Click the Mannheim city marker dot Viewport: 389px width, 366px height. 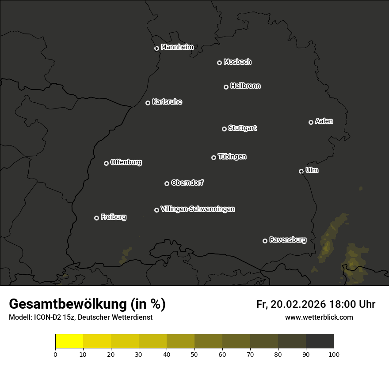[x=156, y=49]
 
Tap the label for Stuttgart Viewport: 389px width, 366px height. [x=242, y=128]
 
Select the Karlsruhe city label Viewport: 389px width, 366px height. [x=167, y=102]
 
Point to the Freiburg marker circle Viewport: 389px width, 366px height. [x=97, y=218]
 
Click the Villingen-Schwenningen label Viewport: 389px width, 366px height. [x=198, y=209]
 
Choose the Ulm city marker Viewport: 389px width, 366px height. [x=301, y=171]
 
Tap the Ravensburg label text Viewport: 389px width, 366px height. [x=287, y=240]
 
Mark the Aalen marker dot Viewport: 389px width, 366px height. [x=311, y=122]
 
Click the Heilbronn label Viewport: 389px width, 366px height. [x=245, y=86]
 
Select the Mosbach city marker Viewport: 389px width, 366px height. [x=219, y=63]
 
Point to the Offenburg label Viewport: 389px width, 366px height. [x=126, y=162]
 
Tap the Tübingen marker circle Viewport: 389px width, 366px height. [x=214, y=157]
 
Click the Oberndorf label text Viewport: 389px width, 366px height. [x=187, y=183]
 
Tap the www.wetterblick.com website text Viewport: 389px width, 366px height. [x=319, y=317]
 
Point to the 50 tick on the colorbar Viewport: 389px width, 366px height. [x=194, y=354]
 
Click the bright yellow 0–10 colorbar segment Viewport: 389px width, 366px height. [x=69, y=341]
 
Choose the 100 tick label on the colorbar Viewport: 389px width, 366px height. [x=334, y=354]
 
